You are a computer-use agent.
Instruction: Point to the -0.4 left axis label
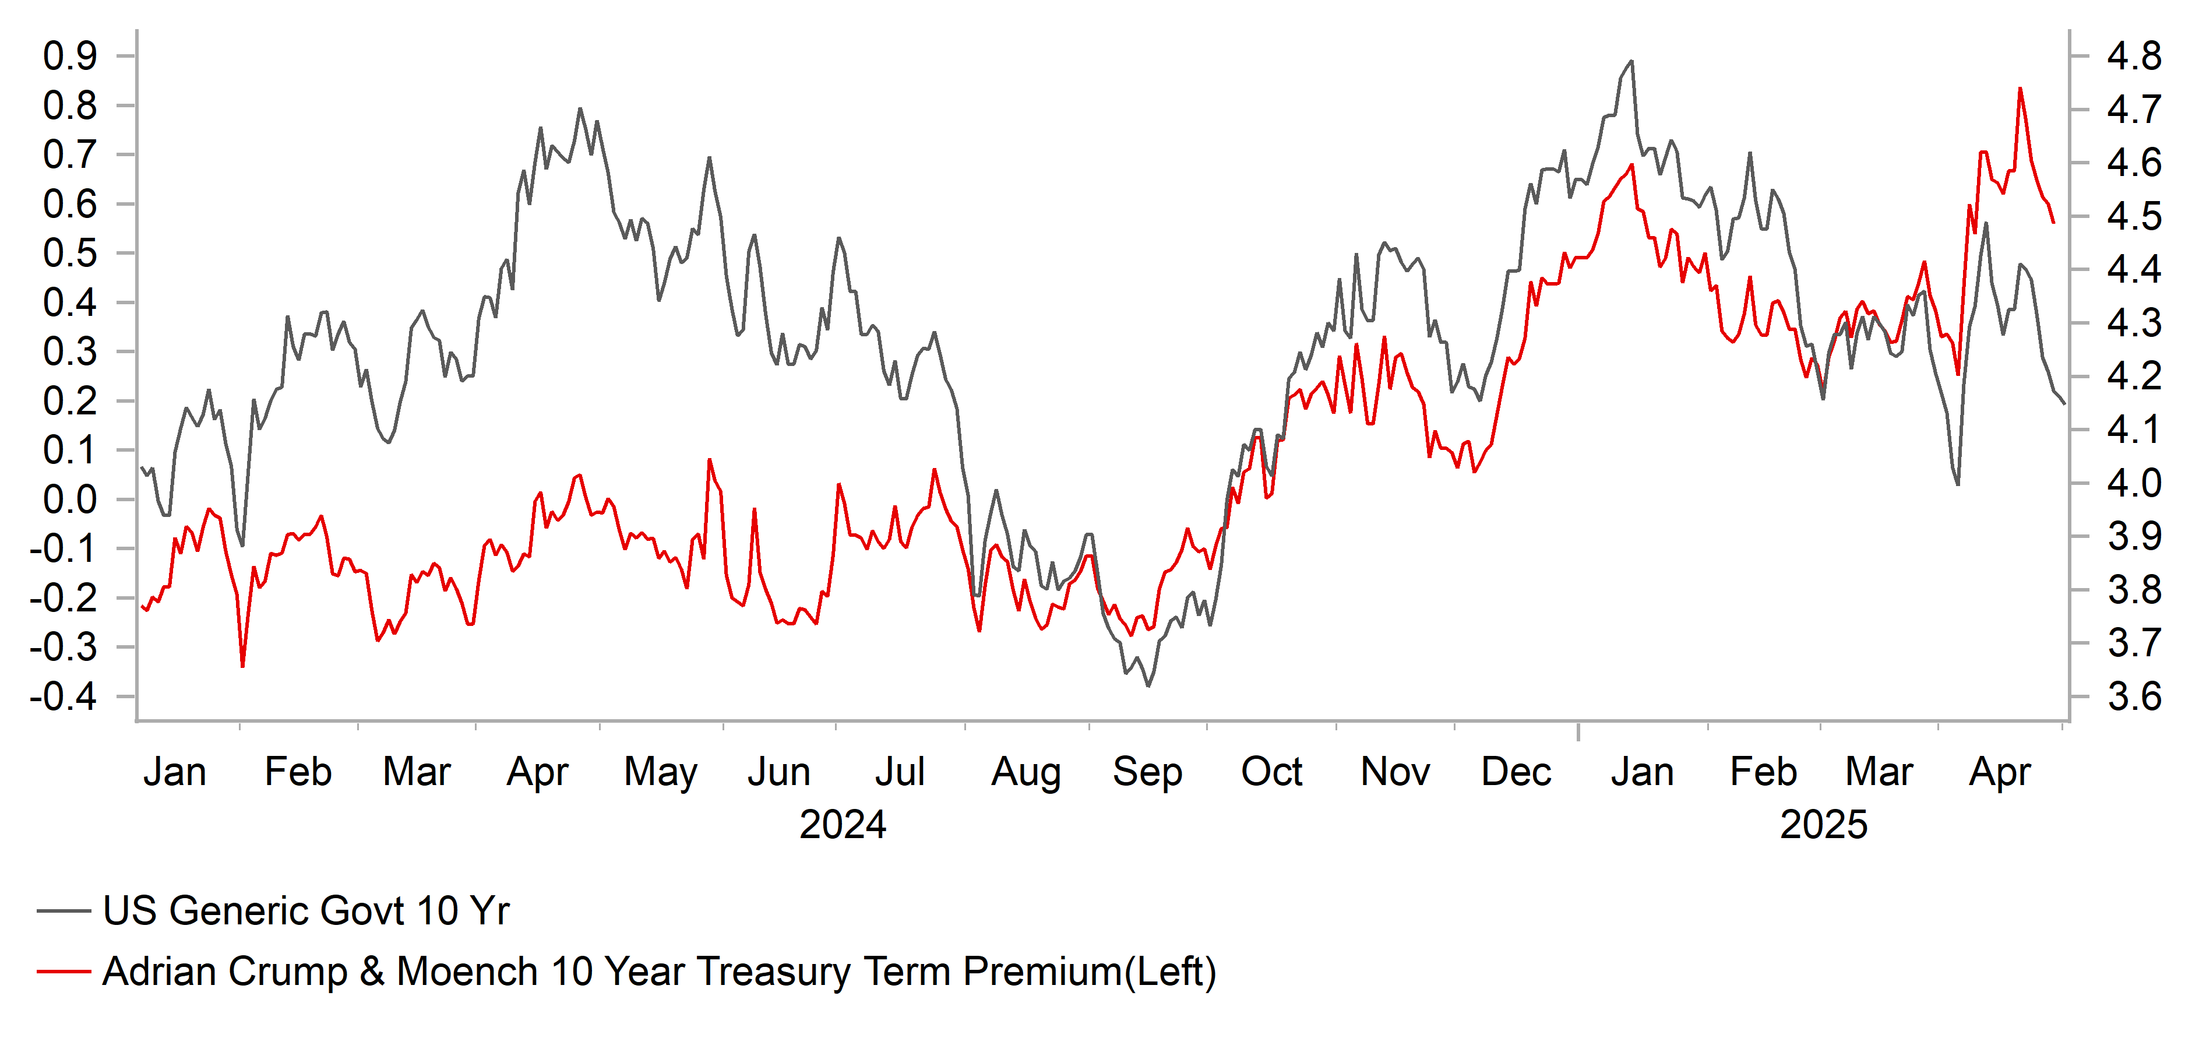click(x=64, y=697)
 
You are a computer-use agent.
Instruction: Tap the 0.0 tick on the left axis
click(x=70, y=499)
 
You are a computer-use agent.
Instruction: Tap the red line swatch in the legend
click(x=64, y=972)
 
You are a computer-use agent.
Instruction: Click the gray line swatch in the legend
click(x=64, y=910)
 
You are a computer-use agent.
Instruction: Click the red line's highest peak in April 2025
click(x=2020, y=89)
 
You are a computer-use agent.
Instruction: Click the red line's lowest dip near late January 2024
click(x=242, y=666)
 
